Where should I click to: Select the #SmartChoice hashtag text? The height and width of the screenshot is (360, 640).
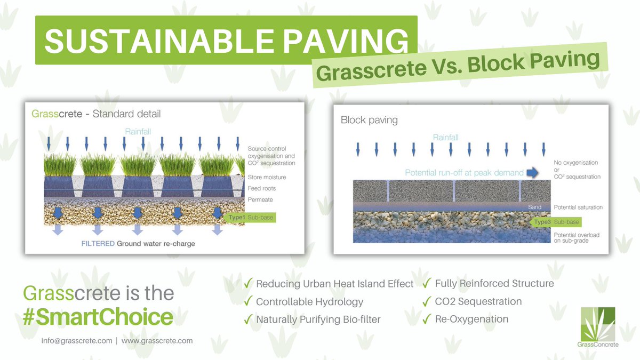[x=98, y=317]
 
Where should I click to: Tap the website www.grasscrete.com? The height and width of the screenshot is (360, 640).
[x=157, y=340]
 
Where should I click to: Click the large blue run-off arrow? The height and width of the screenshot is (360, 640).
[x=532, y=172]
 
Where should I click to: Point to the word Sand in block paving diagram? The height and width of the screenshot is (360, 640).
[x=534, y=207]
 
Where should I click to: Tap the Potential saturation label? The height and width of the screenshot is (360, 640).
[x=578, y=207]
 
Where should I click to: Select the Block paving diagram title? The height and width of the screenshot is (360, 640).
[x=369, y=120]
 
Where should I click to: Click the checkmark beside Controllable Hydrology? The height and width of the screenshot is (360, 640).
[x=248, y=302]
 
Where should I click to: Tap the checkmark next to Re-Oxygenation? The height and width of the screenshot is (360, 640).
[x=427, y=319]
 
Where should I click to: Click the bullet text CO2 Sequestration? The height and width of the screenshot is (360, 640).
[x=478, y=301]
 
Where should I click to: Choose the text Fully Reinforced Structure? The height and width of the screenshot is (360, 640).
[x=494, y=283]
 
